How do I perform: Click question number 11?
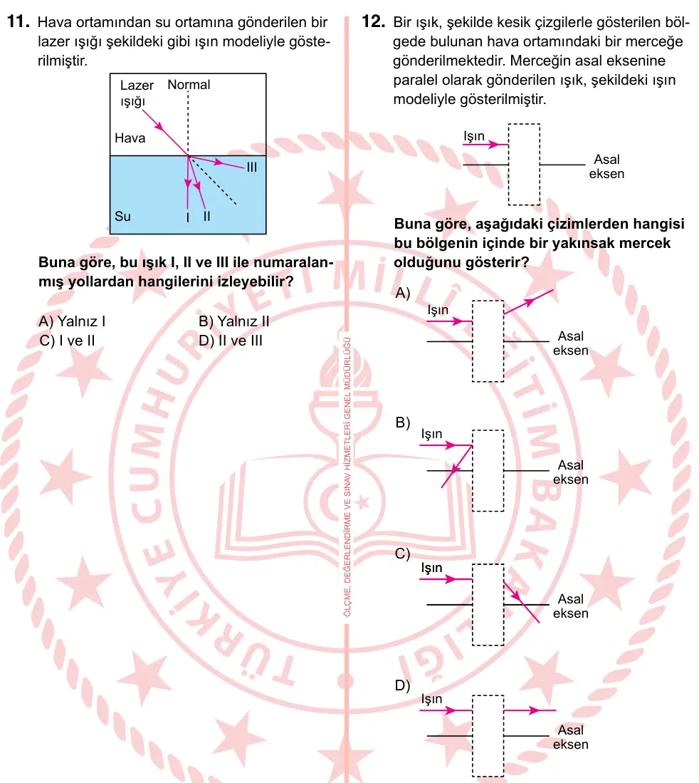coord(18,22)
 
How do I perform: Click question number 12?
coord(373,21)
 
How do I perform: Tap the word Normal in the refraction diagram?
coord(189,85)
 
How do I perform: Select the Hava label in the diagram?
coord(130,138)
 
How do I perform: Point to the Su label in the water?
coord(122,216)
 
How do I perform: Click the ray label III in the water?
coord(252,167)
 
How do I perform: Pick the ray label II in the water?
coord(206,216)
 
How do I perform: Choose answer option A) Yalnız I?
coord(73,321)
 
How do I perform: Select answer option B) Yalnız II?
coord(234,321)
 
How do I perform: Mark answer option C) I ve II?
coord(68,341)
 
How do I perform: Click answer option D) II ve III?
coord(231,341)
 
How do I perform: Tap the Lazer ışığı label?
coord(137,93)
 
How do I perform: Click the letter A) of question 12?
coord(403,293)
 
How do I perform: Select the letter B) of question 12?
coord(403,422)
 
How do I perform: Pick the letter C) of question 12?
coord(403,554)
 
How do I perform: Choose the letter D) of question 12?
coord(403,685)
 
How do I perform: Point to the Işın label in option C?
coord(431,568)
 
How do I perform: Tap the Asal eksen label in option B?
coord(571,472)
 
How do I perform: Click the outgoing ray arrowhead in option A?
coord(529,301)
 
